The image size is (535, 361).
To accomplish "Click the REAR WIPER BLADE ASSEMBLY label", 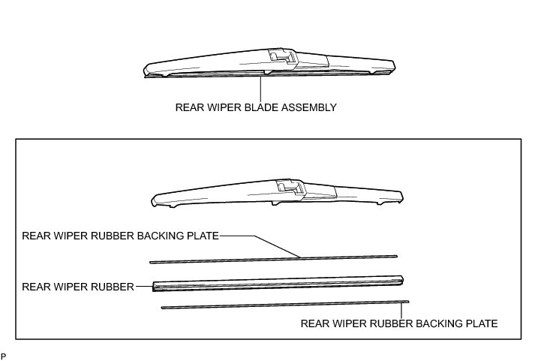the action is tap(255, 107).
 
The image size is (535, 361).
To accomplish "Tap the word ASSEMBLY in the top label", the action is tap(308, 107).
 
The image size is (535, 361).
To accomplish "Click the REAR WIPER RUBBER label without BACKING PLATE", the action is tap(78, 286).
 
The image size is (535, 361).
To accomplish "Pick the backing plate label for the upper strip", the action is tap(121, 236).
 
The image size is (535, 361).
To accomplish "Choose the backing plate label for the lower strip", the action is tap(398, 324).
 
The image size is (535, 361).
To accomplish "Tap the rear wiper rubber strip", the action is tap(278, 283).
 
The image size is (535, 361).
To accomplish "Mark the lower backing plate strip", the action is tap(285, 304).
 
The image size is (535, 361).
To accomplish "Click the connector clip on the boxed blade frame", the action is tap(288, 187).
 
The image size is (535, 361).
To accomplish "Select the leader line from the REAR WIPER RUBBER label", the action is tap(143, 286).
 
